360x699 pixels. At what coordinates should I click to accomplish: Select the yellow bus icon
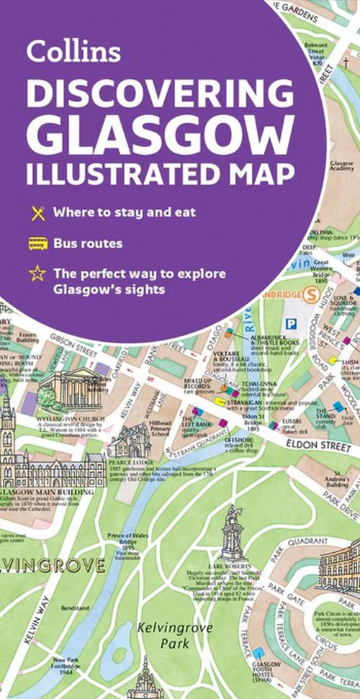click(x=37, y=243)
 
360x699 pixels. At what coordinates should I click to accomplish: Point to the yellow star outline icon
click(x=37, y=274)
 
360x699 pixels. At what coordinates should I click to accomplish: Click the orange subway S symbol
click(x=312, y=296)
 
